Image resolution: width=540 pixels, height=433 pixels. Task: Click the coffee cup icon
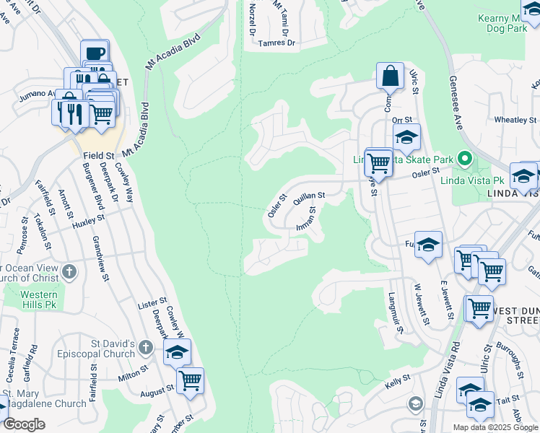tap(95, 52)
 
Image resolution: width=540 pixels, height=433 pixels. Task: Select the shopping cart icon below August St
tap(190, 380)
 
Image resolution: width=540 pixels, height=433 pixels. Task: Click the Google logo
tap(24, 424)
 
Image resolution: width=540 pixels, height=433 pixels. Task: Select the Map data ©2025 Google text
tap(495, 427)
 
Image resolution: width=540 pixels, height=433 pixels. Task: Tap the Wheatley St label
tap(515, 120)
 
